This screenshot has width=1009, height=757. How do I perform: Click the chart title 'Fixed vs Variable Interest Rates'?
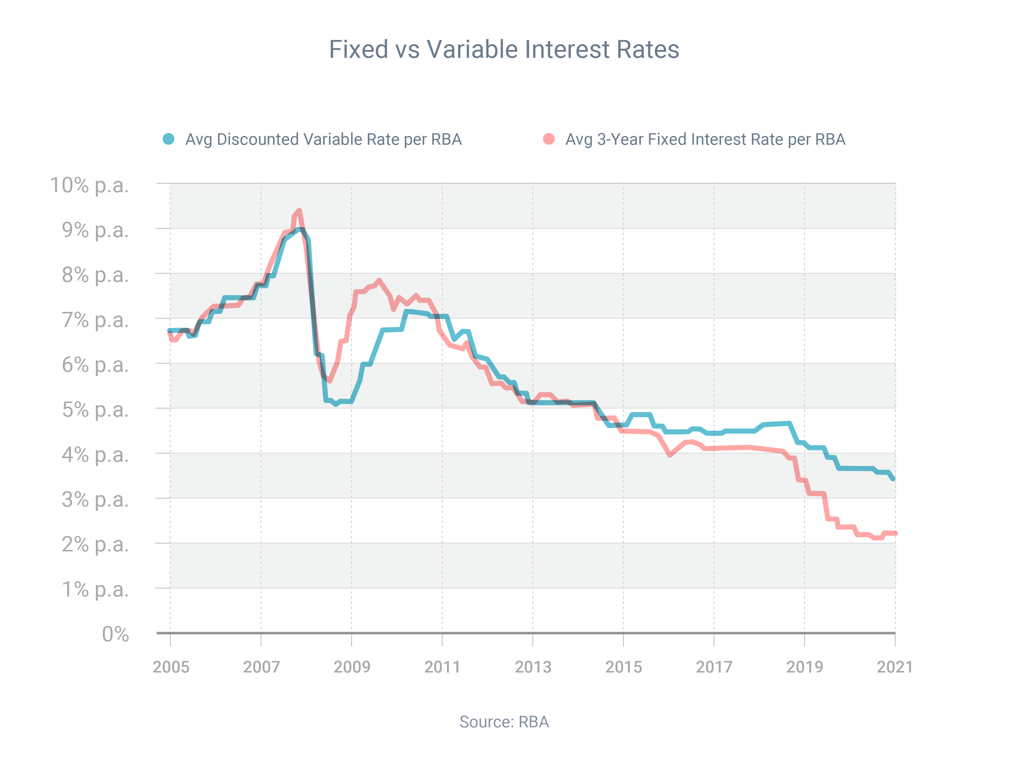coord(504,49)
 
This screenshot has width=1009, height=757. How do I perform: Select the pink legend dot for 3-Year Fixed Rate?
coord(549,139)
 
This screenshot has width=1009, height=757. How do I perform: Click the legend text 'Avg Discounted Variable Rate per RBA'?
coord(324,139)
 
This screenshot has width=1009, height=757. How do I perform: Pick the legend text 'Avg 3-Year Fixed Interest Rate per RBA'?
coord(705,139)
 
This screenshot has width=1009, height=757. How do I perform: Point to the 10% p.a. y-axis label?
coord(89,185)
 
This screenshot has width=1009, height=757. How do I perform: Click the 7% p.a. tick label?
coord(95,320)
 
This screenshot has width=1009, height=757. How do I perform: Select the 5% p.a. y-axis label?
coord(95,410)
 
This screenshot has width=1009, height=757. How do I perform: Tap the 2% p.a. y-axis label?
coord(95,544)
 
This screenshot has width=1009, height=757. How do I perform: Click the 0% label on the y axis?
coord(115,634)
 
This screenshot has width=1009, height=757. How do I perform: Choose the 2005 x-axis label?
coord(171,667)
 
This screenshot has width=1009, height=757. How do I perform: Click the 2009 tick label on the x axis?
coord(352,667)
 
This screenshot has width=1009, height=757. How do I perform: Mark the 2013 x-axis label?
coord(533,667)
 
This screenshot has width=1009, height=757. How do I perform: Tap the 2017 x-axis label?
coord(714,667)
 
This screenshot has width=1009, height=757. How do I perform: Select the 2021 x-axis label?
coord(895,667)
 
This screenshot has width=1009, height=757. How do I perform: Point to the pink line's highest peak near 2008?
coord(299,211)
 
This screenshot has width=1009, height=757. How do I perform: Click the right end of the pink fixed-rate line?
coord(896,533)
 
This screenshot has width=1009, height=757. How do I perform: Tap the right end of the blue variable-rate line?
coord(893,479)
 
